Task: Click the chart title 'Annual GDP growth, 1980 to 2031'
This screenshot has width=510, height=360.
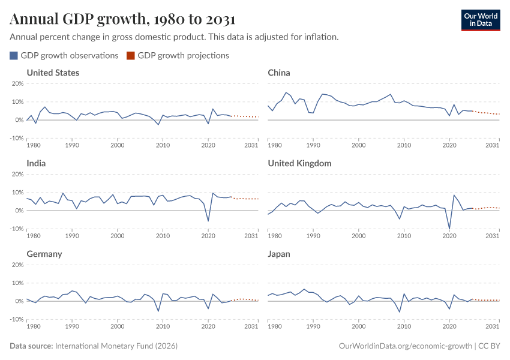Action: click(122, 19)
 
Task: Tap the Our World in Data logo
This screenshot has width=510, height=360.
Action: click(480, 19)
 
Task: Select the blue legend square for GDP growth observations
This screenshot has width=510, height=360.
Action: click(14, 56)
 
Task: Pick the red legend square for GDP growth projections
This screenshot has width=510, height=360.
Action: click(131, 56)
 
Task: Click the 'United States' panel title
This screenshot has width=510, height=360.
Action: click(53, 73)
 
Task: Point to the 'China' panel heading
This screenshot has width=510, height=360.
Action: click(279, 73)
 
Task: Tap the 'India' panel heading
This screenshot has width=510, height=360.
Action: click(37, 163)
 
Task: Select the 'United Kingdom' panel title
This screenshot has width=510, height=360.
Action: click(299, 163)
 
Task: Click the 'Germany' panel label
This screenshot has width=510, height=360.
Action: click(44, 254)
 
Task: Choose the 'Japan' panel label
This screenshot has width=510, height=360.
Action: click(279, 254)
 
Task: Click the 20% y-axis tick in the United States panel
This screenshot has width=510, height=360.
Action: click(17, 83)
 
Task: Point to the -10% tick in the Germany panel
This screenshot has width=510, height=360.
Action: click(16, 319)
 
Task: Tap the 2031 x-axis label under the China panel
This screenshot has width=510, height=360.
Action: click(493, 145)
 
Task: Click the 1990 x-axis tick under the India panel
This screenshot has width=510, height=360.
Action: click(72, 236)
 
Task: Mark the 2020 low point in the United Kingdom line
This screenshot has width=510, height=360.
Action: click(449, 229)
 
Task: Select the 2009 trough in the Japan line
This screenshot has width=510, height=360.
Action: click(400, 312)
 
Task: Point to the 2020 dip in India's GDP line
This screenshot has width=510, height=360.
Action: click(208, 221)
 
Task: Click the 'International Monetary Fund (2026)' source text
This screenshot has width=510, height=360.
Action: click(116, 346)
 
